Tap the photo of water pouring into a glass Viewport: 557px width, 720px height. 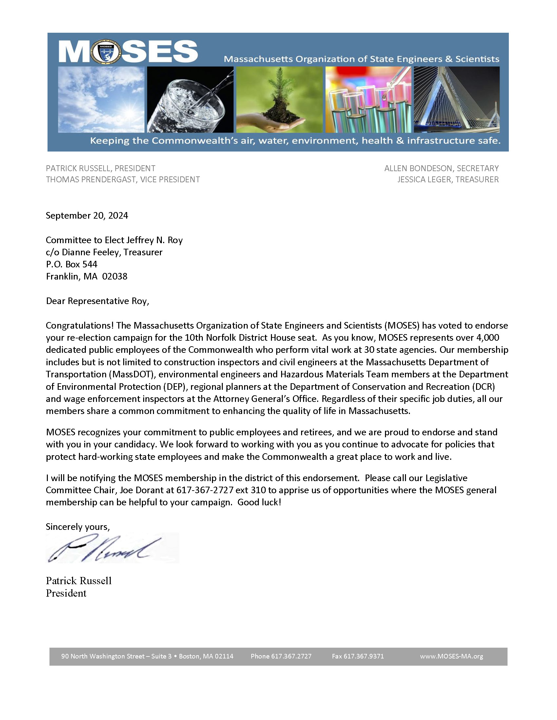point(190,99)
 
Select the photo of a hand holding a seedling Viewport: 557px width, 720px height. point(279,99)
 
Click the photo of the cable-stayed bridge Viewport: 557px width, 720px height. point(457,99)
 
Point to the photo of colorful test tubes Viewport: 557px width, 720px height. point(368,99)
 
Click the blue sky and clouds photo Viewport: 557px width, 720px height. point(101,99)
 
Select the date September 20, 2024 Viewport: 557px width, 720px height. point(87,216)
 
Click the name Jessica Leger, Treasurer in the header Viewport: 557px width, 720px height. point(448,180)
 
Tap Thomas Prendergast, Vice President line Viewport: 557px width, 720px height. point(123,180)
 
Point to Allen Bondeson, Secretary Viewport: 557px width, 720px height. point(441,169)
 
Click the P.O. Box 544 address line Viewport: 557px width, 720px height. point(72,264)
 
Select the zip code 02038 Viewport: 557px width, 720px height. point(114,277)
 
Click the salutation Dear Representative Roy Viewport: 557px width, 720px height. point(97,301)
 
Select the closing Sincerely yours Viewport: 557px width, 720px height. point(78,527)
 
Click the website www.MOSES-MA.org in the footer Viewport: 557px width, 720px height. point(451,657)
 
